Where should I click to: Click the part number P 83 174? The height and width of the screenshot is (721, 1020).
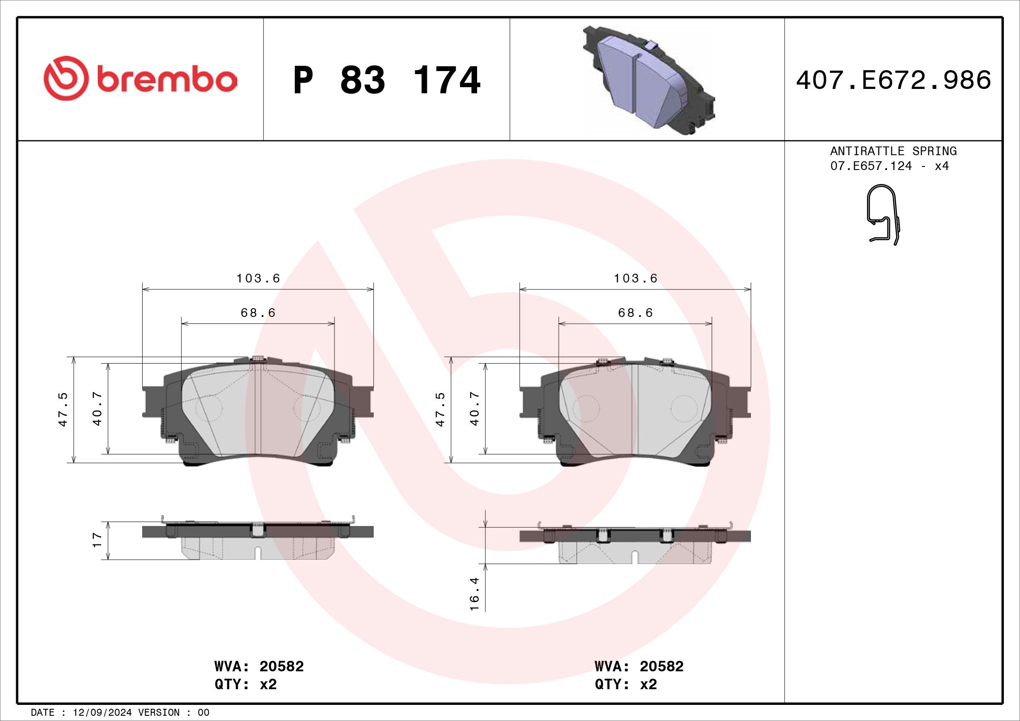[x=386, y=80]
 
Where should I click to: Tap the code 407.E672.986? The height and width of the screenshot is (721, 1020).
[x=894, y=80]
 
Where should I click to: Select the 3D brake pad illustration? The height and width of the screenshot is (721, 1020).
[x=648, y=80]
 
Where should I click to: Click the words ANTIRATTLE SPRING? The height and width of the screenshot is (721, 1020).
[x=894, y=151]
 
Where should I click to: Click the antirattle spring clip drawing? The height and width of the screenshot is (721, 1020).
[x=884, y=215]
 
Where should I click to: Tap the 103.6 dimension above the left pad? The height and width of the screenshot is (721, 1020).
[x=258, y=279]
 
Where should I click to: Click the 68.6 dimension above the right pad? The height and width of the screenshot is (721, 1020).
[x=635, y=313]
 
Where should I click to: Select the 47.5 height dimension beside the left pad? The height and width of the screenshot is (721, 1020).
[x=63, y=409]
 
